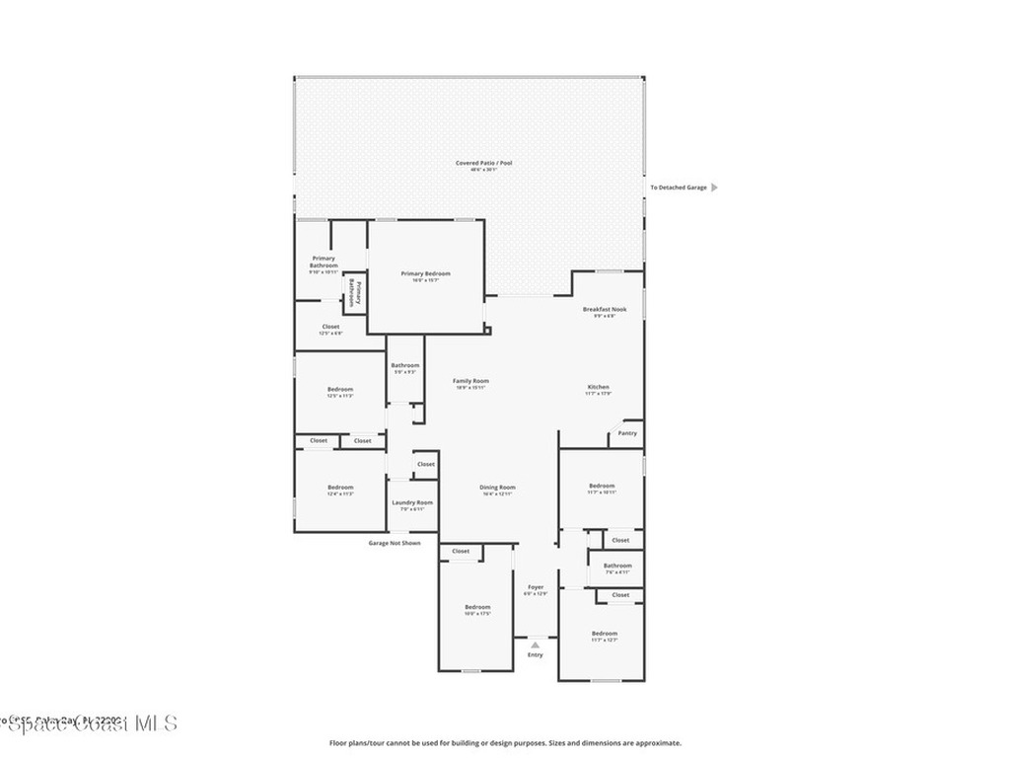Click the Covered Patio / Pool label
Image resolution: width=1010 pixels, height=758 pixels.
click(483, 163)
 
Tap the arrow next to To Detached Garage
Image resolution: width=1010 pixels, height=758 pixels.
click(715, 187)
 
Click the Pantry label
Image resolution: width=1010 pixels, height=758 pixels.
click(627, 433)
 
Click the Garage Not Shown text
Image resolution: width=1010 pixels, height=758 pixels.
click(395, 543)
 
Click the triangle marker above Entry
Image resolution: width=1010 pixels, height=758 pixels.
click(536, 644)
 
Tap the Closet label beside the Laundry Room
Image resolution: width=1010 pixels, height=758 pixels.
click(425, 464)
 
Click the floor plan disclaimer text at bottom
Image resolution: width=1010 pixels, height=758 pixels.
click(505, 743)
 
